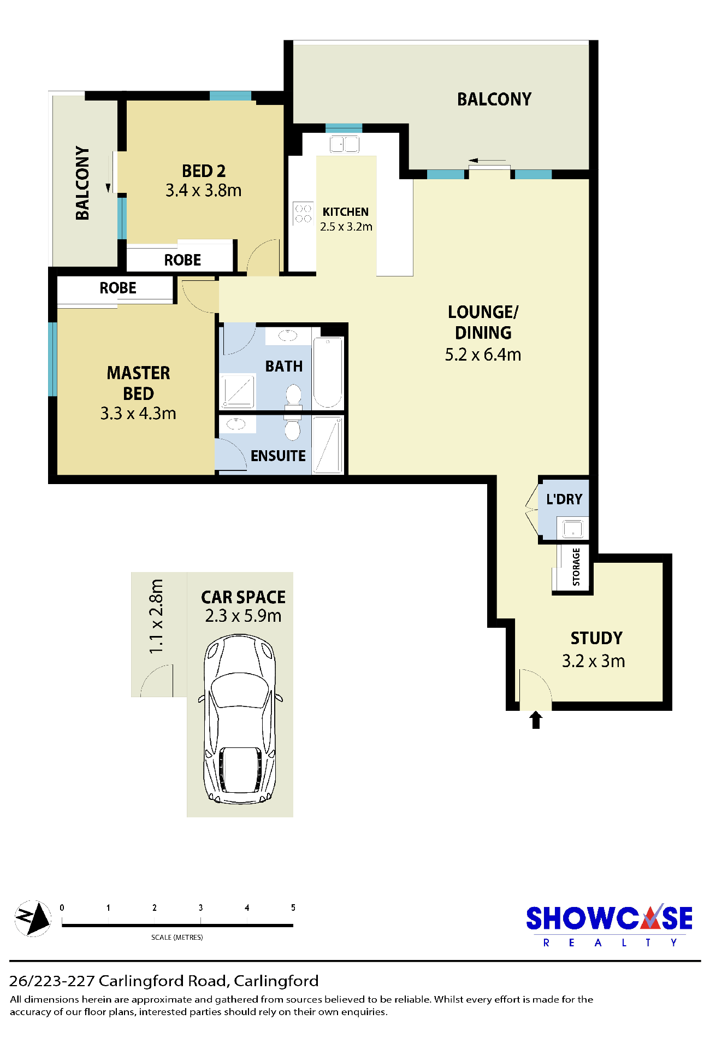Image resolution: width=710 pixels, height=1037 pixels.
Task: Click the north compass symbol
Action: pyautogui.click(x=33, y=918)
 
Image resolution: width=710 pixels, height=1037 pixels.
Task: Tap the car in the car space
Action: pyautogui.click(x=240, y=719)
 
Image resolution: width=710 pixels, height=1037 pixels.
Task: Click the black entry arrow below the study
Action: pyautogui.click(x=536, y=720)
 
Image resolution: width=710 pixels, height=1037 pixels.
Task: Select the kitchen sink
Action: pyautogui.click(x=344, y=144)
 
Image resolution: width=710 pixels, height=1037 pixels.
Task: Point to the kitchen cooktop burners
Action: pyautogui.click(x=303, y=213)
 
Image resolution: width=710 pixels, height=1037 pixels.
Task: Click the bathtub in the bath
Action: pyautogui.click(x=328, y=373)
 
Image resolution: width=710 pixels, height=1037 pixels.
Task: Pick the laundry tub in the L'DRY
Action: pyautogui.click(x=572, y=528)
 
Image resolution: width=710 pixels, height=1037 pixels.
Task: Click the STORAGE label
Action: pyautogui.click(x=576, y=567)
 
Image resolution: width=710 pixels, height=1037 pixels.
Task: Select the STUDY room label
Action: pyautogui.click(x=596, y=638)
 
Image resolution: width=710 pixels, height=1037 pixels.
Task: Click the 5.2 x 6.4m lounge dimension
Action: pyautogui.click(x=483, y=355)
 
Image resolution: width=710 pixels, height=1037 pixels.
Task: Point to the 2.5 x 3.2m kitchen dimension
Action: pyautogui.click(x=346, y=227)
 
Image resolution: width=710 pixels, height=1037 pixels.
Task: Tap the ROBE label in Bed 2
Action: pyautogui.click(x=182, y=260)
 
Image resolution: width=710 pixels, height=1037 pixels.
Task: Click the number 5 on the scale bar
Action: pyautogui.click(x=293, y=908)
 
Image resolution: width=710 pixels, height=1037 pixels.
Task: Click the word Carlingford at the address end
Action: pyautogui.click(x=276, y=981)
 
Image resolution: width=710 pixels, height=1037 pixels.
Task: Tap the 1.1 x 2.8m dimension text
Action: pyautogui.click(x=156, y=616)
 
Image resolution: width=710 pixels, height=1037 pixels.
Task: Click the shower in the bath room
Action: pyautogui.click(x=238, y=391)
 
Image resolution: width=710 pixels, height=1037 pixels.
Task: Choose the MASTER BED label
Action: pyautogui.click(x=138, y=383)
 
